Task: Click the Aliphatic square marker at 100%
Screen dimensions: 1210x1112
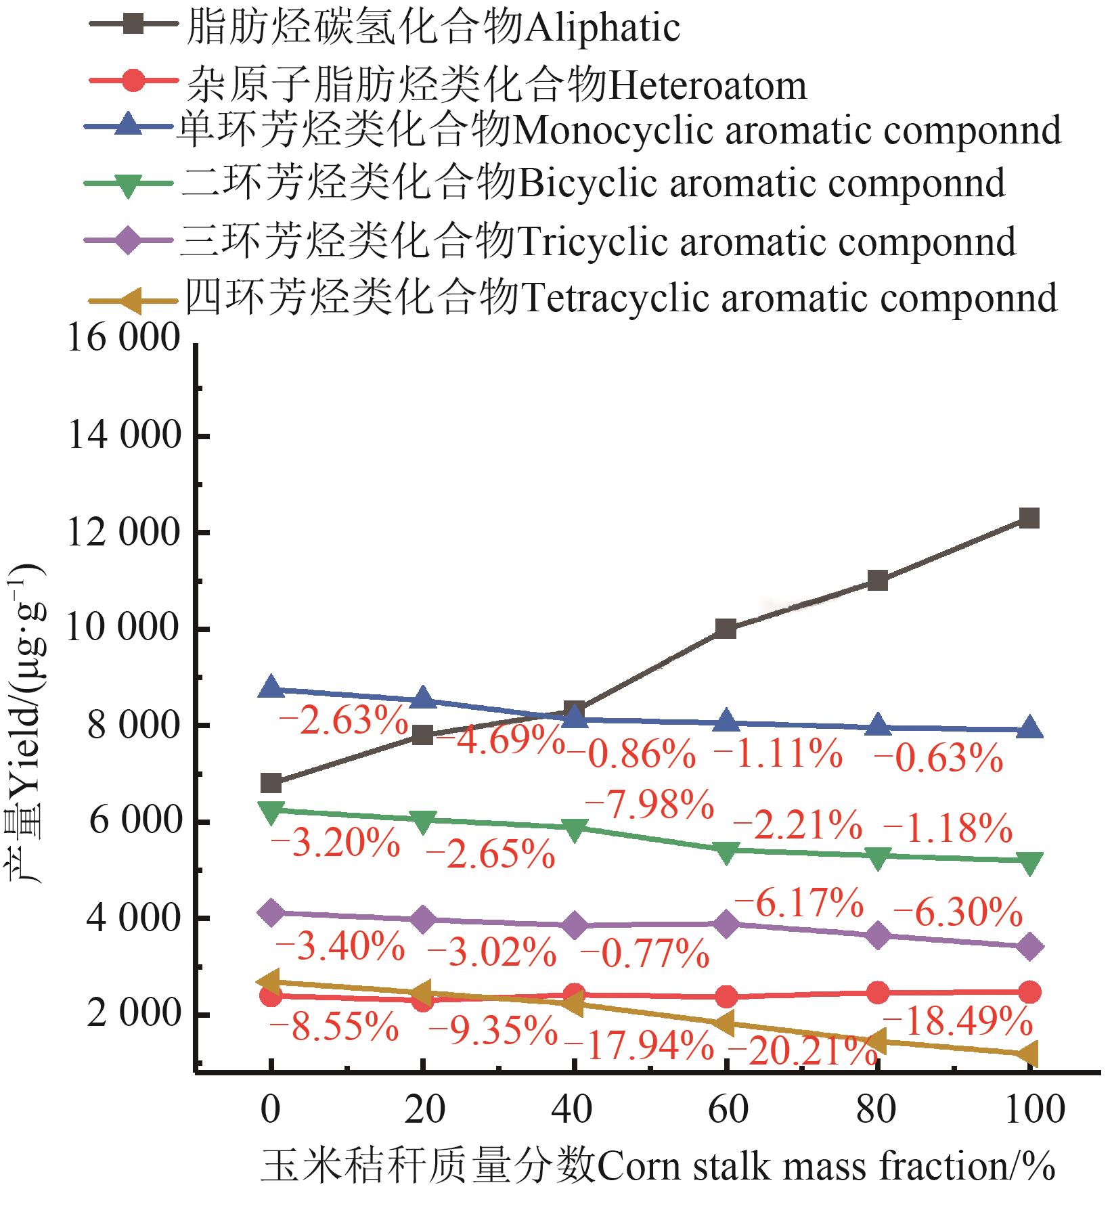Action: (1029, 519)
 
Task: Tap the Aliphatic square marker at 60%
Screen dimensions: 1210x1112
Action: (726, 629)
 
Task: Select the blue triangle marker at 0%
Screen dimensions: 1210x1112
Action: (271, 688)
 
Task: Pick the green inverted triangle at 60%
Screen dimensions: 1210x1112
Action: (726, 852)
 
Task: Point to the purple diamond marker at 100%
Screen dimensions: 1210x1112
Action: (1029, 947)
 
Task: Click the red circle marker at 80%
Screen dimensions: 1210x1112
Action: (877, 993)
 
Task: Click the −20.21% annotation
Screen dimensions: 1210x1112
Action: (802, 1051)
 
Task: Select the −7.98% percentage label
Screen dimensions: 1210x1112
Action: (648, 805)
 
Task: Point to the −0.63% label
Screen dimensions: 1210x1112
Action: (938, 759)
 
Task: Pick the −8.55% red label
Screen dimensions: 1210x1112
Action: (334, 1029)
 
